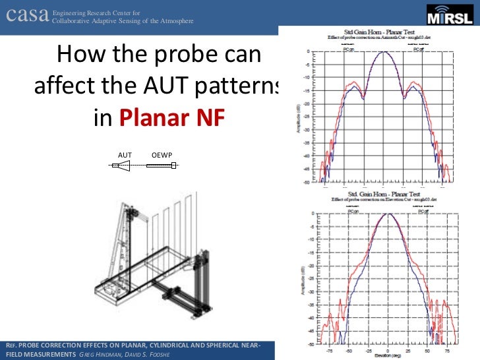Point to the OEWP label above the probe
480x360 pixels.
point(162,155)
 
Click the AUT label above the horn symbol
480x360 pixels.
point(125,155)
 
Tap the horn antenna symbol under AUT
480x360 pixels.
point(123,167)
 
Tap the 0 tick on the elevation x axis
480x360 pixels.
point(388,349)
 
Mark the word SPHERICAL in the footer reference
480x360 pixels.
point(215,345)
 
